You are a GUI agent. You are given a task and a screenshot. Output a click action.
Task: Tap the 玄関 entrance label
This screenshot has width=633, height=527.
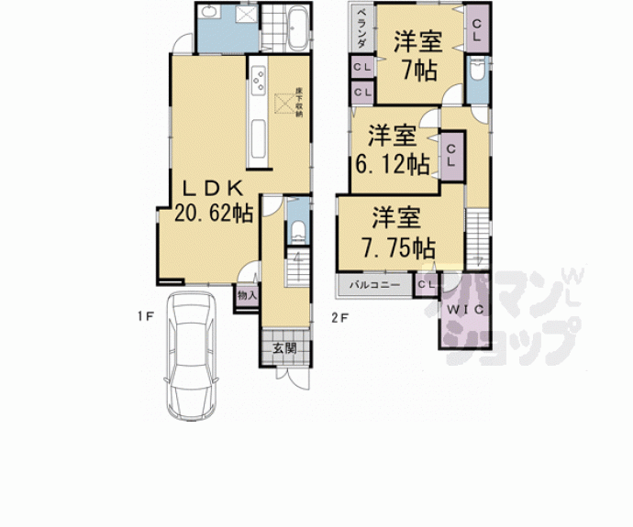[285, 348]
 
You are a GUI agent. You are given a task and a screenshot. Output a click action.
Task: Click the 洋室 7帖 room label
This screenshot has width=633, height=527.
[416, 54]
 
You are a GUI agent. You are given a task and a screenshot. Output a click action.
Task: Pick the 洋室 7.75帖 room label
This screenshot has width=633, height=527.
[396, 233]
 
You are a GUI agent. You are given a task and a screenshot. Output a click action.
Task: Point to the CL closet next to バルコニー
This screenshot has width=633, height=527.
[425, 285]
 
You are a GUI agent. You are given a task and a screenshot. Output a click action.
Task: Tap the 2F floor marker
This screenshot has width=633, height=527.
[339, 316]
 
